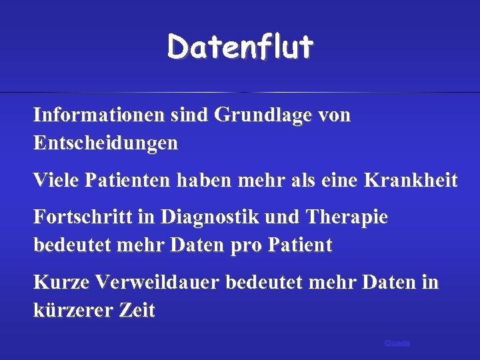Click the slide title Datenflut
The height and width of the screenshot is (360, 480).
tap(240, 47)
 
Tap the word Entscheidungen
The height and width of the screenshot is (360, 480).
tap(105, 143)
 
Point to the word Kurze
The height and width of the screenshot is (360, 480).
tap(61, 283)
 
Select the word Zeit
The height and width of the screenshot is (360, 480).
tap(138, 311)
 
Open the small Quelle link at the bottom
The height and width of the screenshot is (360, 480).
tap(397, 343)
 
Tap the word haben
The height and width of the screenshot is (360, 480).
tap(211, 181)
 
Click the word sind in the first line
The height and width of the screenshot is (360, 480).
tap(188, 115)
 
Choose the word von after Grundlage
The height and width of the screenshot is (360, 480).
tap(335, 115)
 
